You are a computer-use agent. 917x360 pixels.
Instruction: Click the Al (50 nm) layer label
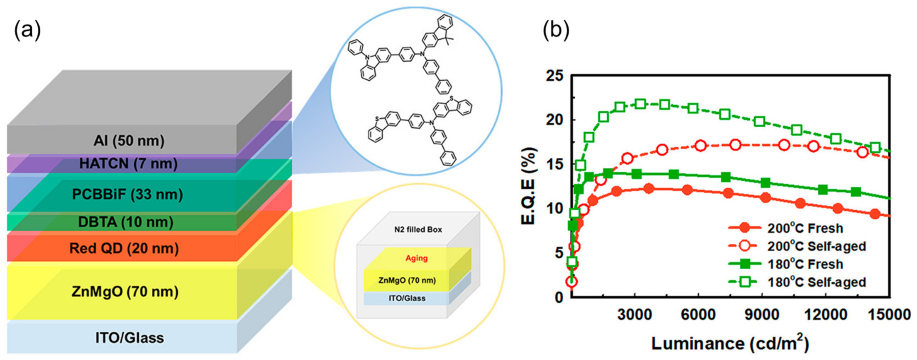point(129,141)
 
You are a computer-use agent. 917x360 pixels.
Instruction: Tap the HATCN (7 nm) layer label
point(128,164)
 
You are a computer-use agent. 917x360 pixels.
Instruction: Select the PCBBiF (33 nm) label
point(127,194)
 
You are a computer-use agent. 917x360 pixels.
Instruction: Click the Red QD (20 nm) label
point(124,248)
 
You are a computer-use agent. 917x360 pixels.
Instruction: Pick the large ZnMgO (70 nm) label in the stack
point(125,292)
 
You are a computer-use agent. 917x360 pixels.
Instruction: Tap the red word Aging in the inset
point(416,258)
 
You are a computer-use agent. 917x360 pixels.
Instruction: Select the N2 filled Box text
point(418,230)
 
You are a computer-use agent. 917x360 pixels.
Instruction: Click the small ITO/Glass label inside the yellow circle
point(407,298)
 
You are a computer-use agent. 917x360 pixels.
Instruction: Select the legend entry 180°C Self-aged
point(816,282)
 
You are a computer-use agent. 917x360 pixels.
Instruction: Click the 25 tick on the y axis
point(555,76)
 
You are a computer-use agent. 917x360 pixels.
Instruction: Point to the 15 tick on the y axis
point(555,165)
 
